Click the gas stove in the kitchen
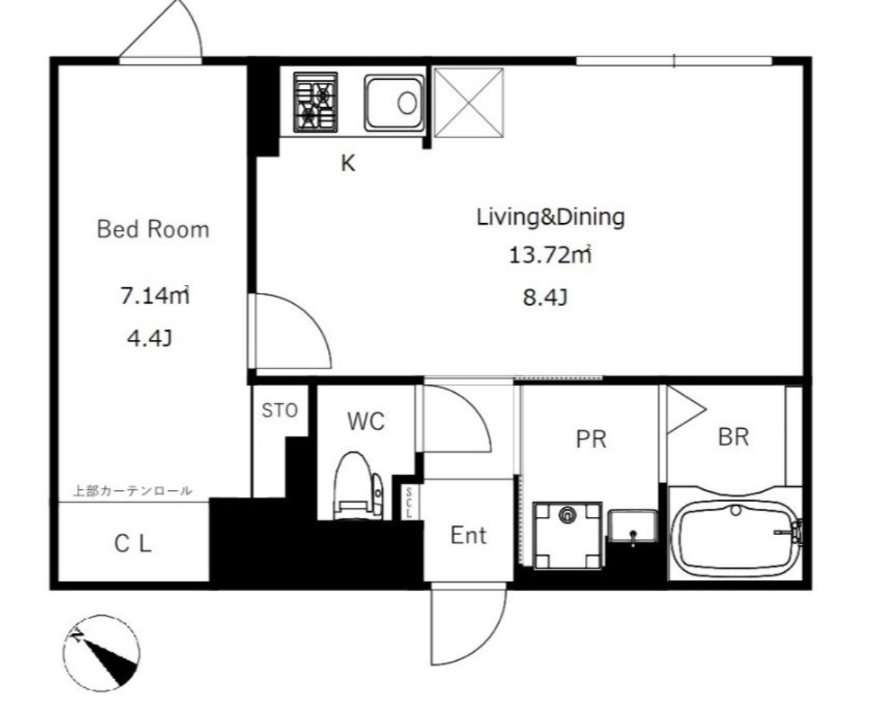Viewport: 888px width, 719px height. coord(315,102)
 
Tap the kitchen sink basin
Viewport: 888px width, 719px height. coord(394,103)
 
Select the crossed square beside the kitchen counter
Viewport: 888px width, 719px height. coord(468,102)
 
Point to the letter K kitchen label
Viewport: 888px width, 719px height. coord(348,164)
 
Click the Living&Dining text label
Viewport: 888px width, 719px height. coord(550,217)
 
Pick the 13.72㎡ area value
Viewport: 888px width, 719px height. coord(550,255)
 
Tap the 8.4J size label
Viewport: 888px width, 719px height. coord(545,297)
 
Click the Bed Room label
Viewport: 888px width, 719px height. coord(153,229)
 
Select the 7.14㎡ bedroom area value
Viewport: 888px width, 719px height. coord(154,295)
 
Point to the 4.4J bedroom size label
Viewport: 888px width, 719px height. coord(149,338)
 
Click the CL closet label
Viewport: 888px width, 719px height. coord(133,544)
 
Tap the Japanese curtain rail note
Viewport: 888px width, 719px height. coord(133,491)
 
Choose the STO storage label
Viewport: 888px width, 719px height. coord(280,411)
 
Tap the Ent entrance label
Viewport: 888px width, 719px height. coord(468,535)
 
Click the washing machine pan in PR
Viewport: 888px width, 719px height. coord(568,535)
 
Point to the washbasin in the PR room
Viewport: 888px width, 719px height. coord(633,527)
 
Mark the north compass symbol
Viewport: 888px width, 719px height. coord(101,653)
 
